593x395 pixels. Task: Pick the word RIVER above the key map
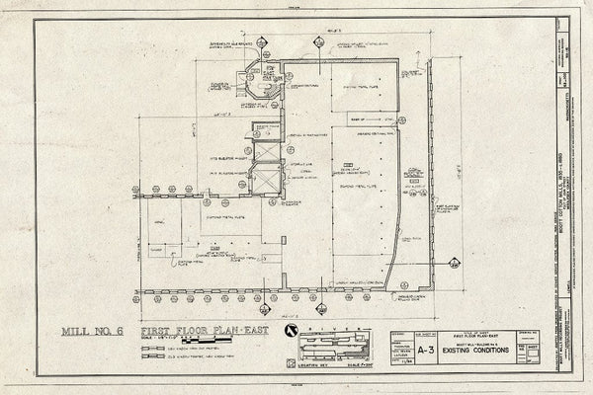[332, 323]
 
